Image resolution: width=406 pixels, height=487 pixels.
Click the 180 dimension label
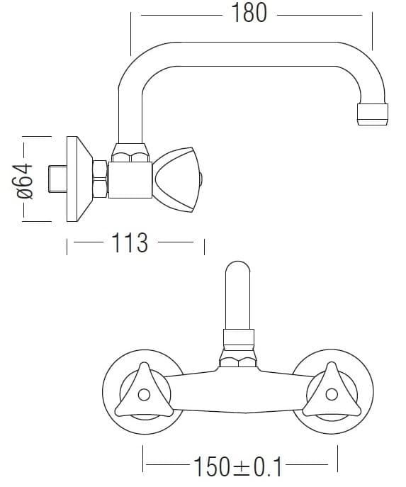[x=249, y=13]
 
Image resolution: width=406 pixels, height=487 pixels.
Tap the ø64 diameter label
[x=25, y=181]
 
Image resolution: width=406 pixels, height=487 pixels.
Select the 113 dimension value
[x=130, y=242]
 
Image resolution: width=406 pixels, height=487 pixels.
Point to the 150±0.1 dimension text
[x=237, y=466]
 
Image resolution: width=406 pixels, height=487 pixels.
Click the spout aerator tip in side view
[x=373, y=114]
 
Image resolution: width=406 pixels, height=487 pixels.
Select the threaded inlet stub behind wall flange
[x=57, y=179]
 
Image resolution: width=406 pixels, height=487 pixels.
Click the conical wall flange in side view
[x=79, y=179]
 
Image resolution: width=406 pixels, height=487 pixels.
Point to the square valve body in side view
[x=130, y=180]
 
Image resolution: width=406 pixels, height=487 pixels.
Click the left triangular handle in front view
[x=144, y=391]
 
